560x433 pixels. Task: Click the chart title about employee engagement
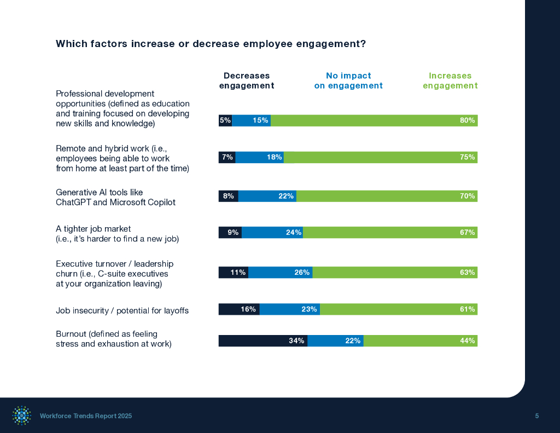pyautogui.click(x=211, y=44)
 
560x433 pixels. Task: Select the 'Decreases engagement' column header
pyautogui.click(x=247, y=80)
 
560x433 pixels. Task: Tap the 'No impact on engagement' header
pyautogui.click(x=348, y=80)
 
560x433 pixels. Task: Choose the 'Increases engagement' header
pyautogui.click(x=450, y=80)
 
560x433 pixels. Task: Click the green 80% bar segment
pyautogui.click(x=374, y=120)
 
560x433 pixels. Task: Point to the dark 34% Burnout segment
pyautogui.click(x=262, y=340)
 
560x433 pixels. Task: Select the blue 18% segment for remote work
pyautogui.click(x=259, y=157)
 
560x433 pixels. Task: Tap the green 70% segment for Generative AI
pyautogui.click(x=387, y=196)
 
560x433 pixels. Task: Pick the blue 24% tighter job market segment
pyautogui.click(x=272, y=233)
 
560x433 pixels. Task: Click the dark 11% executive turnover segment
pyautogui.click(x=233, y=272)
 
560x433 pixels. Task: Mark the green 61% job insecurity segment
pyautogui.click(x=399, y=309)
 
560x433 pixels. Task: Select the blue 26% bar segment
pyautogui.click(x=280, y=272)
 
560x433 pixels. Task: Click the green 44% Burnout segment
pyautogui.click(x=421, y=340)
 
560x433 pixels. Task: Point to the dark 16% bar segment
pyautogui.click(x=239, y=309)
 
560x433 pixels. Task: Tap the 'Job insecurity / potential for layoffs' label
pyautogui.click(x=122, y=311)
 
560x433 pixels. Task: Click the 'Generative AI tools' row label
pyautogui.click(x=115, y=197)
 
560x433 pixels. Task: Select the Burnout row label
pyautogui.click(x=113, y=339)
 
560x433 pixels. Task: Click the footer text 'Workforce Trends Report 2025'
pyautogui.click(x=86, y=416)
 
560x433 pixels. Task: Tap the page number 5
pyautogui.click(x=537, y=416)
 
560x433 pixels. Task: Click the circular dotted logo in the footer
pyautogui.click(x=22, y=416)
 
